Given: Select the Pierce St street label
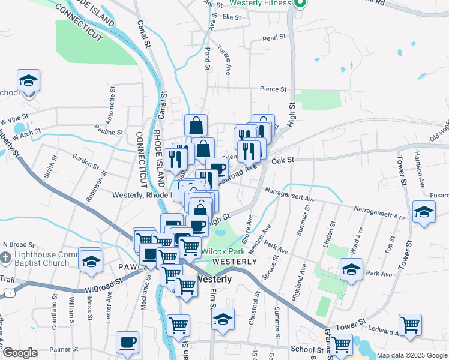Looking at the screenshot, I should coord(273,89).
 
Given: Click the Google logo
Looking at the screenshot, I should coord(20,353).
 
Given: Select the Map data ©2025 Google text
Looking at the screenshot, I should coord(411,355).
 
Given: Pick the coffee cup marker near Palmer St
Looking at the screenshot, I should coord(127,343).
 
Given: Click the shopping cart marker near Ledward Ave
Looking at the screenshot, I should coord(410,325).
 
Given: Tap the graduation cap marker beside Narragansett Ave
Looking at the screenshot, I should coord(424,212).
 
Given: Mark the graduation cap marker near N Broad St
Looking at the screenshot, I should coord(91,262).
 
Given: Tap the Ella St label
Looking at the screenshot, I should coord(231,17).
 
